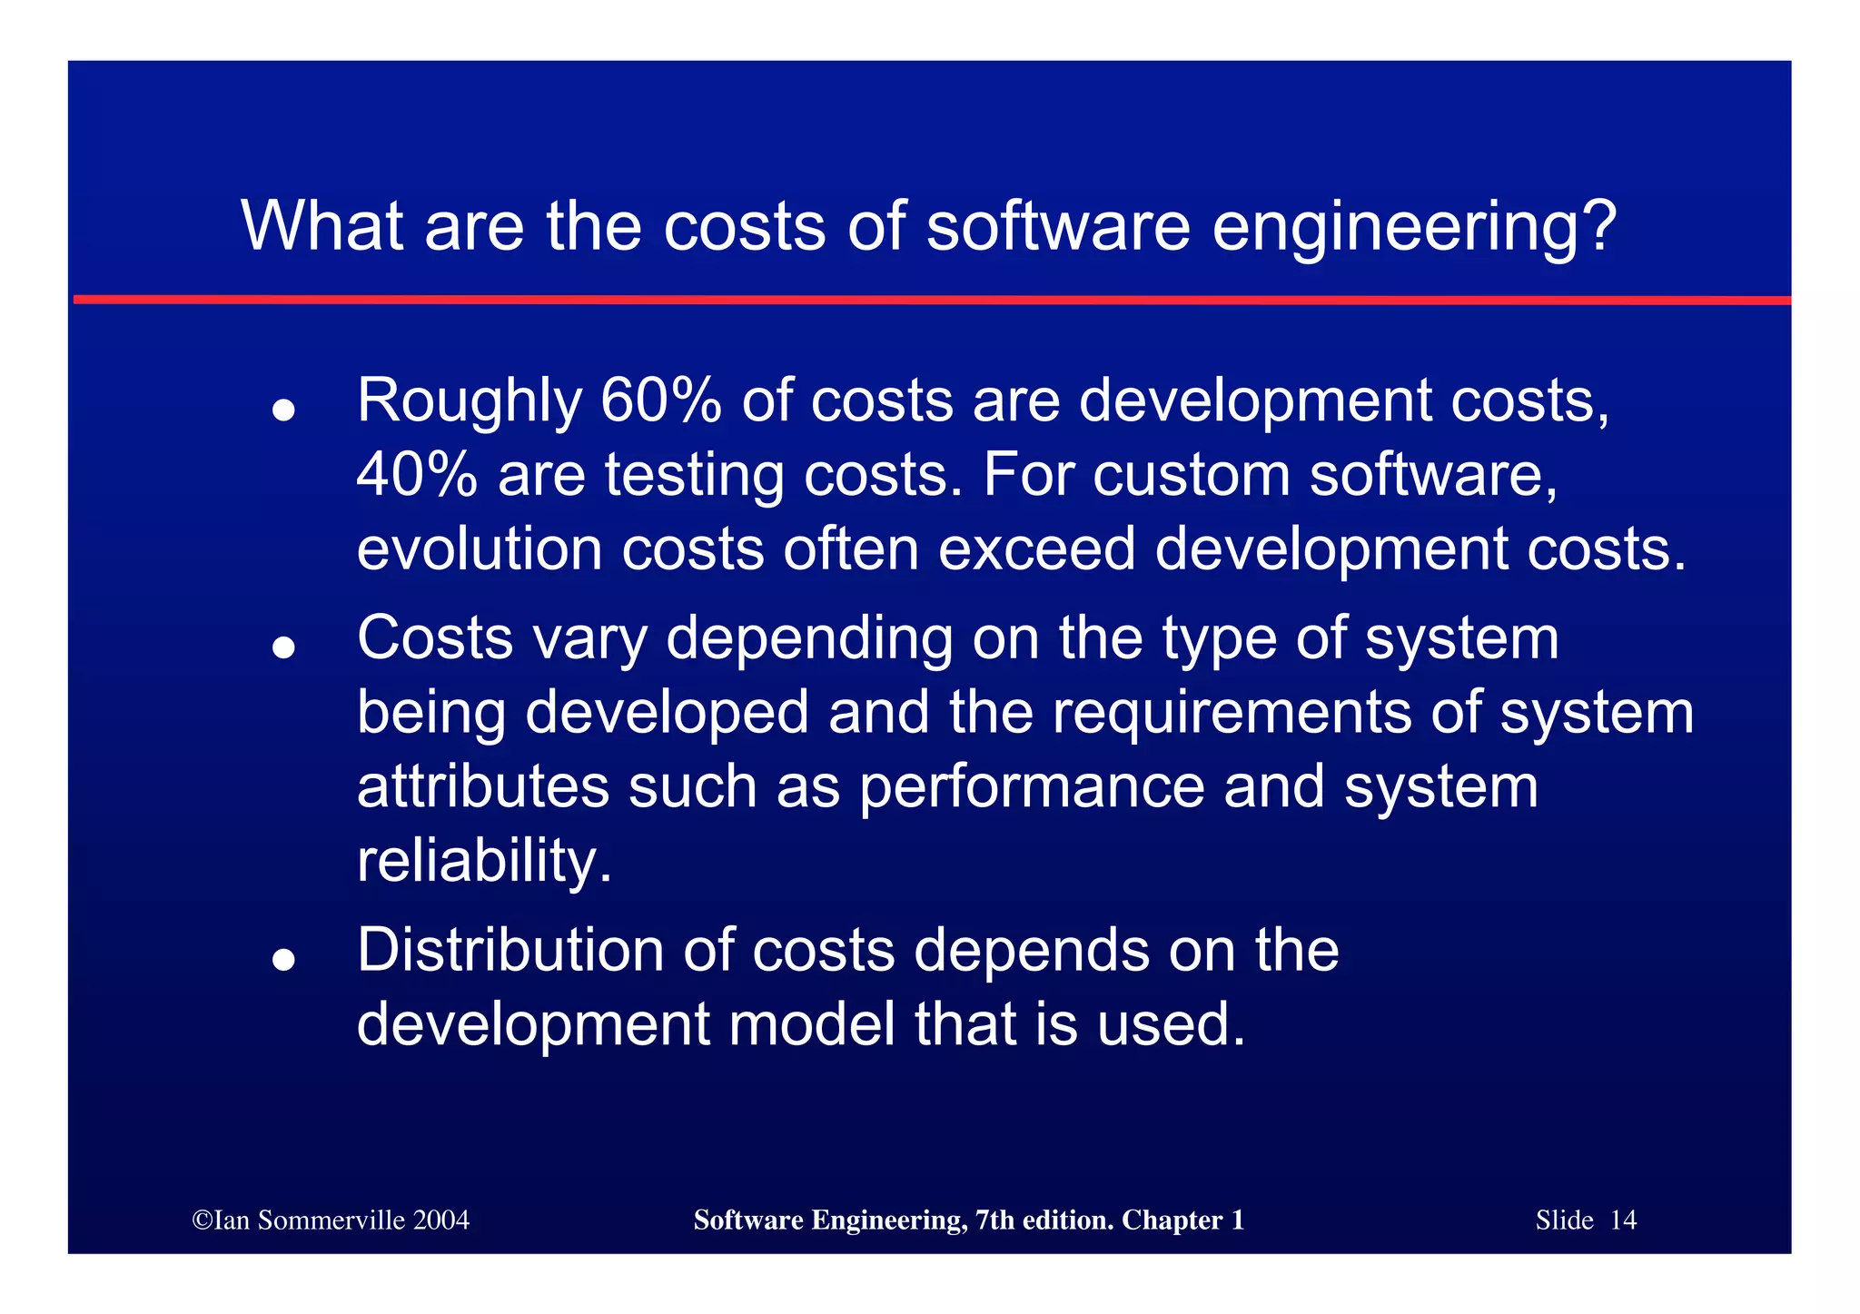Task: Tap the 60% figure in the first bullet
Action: (660, 400)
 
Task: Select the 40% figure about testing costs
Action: (417, 475)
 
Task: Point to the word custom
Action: (1191, 475)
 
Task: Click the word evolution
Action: (480, 549)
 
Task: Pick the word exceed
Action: (1036, 549)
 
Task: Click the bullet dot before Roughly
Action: (284, 410)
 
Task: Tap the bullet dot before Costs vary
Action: (284, 647)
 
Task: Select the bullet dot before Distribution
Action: (284, 960)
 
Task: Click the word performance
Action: (1031, 787)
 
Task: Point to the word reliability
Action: (484, 861)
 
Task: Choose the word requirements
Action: (1232, 713)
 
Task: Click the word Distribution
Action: (510, 951)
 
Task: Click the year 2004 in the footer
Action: (440, 1220)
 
